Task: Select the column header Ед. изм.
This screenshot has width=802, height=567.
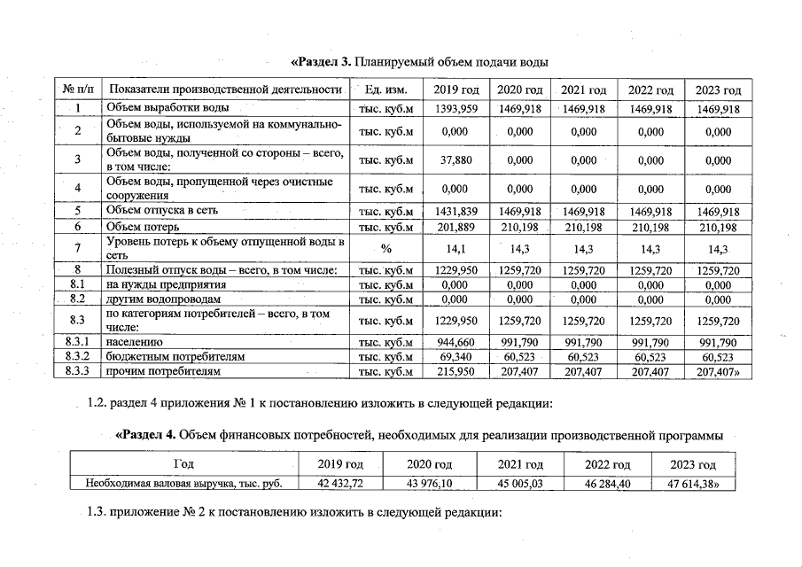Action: (385, 90)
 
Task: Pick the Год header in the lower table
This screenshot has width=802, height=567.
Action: (183, 465)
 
